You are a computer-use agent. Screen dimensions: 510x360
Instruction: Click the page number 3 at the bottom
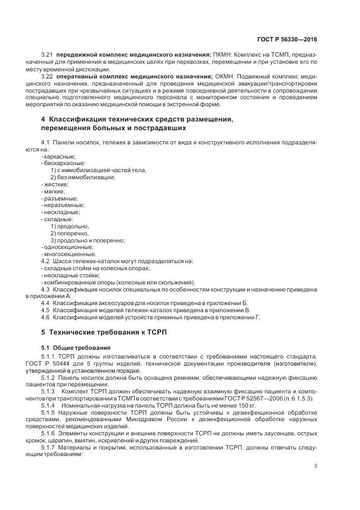pos(316,465)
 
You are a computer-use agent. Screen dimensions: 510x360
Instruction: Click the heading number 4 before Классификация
pos(43,119)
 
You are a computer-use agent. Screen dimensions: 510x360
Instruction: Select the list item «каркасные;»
pos(59,156)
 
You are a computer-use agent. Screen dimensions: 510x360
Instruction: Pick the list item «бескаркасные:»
pos(64,163)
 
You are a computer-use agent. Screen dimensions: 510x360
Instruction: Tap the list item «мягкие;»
pos(54,191)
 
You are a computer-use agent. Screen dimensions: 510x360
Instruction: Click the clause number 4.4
pos(46,302)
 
